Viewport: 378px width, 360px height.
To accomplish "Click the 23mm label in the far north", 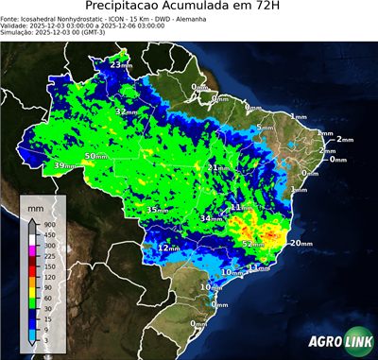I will click(x=121, y=65).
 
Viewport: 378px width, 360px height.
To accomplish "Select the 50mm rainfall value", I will click(x=96, y=156).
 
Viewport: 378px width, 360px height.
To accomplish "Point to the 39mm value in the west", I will click(x=64, y=166).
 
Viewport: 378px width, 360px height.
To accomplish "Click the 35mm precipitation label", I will click(x=157, y=209).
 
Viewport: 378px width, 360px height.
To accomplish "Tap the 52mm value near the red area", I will click(x=253, y=244).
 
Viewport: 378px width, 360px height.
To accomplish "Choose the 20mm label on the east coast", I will click(x=301, y=244).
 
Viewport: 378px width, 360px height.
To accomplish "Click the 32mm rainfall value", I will click(x=126, y=111).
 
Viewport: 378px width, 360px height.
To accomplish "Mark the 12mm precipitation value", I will click(x=168, y=248).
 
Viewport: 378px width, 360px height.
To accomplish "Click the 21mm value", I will click(x=218, y=168).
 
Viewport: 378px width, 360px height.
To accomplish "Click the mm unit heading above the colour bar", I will click(x=35, y=204).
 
